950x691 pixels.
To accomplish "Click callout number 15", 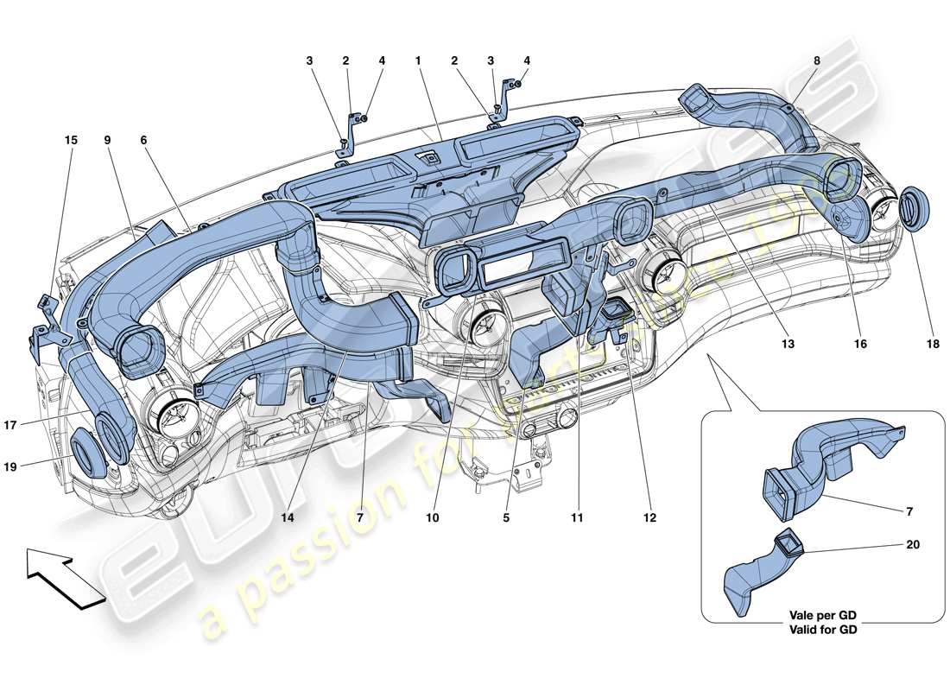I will click(71, 139).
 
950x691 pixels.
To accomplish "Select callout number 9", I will click(108, 139).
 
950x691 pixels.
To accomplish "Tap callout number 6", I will click(144, 139).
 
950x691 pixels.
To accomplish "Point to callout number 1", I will click(417, 61).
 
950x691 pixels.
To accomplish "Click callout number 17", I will click(35, 424).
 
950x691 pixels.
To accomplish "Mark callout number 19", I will click(35, 466).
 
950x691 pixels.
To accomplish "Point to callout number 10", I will click(432, 518).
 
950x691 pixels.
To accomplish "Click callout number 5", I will click(506, 518).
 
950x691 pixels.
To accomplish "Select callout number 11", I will click(577, 518).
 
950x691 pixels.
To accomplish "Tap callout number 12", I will click(649, 518).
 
